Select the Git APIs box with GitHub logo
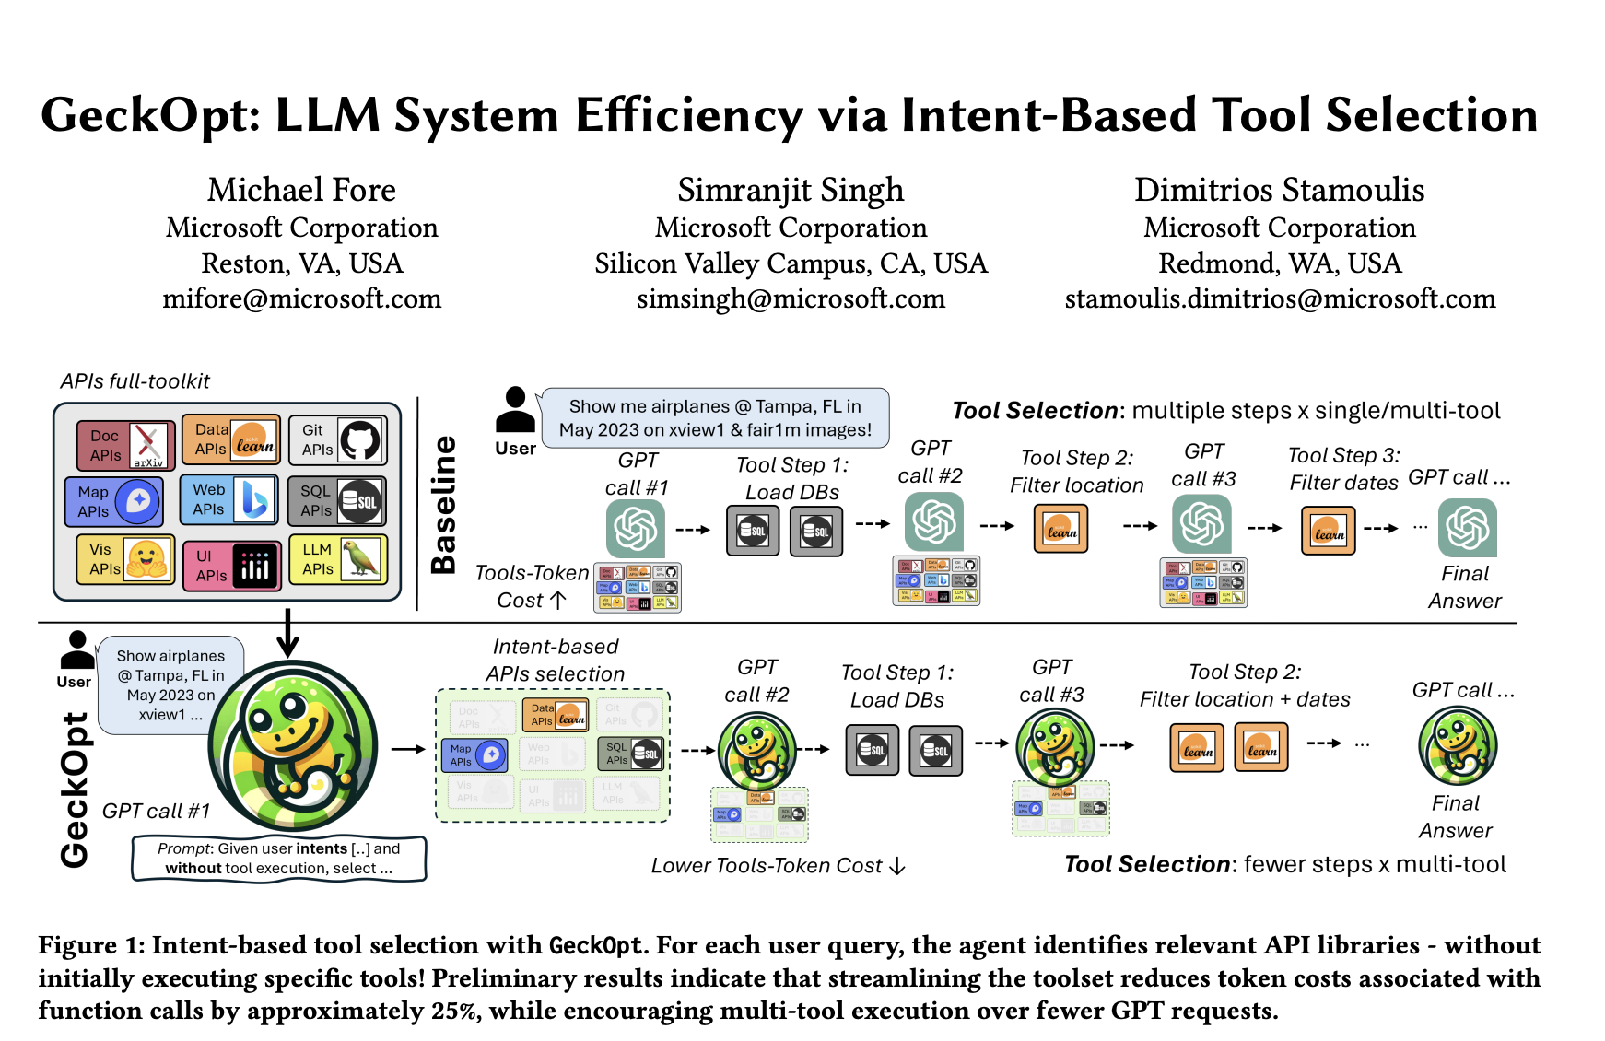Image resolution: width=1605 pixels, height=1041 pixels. pos(337,440)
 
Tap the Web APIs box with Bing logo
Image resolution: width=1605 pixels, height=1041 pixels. pos(228,500)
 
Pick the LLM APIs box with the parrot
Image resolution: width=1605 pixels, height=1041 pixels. pos(337,559)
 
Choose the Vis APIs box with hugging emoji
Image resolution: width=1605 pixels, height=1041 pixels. pos(125,559)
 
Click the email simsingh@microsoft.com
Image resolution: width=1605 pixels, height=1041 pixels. pos(791,298)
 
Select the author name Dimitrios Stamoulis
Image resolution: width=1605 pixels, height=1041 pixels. pos(1279,190)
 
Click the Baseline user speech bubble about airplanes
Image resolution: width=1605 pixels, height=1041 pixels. pos(715,418)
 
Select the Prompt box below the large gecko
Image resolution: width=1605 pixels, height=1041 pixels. pos(279,858)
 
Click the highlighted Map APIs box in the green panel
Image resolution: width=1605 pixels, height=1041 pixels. pos(475,755)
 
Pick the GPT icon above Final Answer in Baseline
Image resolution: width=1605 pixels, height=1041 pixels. pos(1467,528)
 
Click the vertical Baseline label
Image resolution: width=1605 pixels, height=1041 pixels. pos(444,504)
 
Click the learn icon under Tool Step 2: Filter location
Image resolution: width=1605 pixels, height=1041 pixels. pos(1060,530)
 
